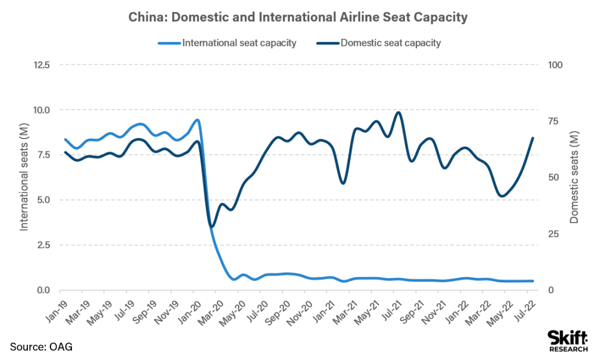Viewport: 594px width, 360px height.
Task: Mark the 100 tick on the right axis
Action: tap(556, 65)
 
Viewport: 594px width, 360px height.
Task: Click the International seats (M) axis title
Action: tap(24, 177)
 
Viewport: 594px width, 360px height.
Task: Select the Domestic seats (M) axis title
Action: tap(575, 177)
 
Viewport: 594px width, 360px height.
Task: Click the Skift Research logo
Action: tap(566, 340)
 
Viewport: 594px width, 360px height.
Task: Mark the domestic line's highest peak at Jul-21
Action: tap(398, 112)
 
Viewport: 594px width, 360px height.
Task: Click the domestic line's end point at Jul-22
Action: tap(533, 138)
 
